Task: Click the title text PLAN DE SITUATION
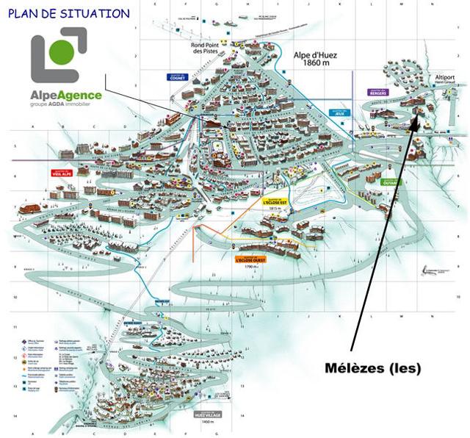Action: (x=69, y=13)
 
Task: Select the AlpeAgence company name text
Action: (x=66, y=95)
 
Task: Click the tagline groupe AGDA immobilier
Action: (x=66, y=105)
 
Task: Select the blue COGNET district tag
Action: (x=176, y=76)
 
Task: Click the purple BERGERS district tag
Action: (x=379, y=93)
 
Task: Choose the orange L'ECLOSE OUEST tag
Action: (x=250, y=259)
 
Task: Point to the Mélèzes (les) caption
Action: (x=374, y=367)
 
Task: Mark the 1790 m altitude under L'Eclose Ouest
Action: (x=250, y=266)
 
